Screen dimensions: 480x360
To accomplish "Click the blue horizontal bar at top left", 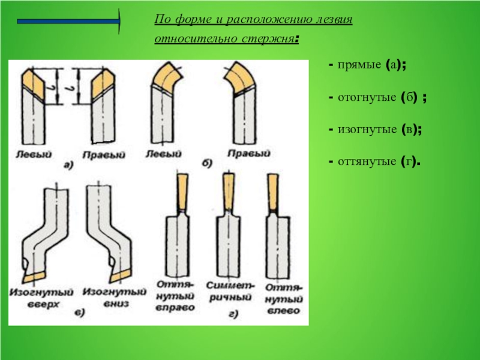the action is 68,21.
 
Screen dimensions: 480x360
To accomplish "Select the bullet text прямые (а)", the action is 371,65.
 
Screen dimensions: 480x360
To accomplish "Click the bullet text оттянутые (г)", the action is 378,161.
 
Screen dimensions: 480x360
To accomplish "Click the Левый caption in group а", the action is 34,154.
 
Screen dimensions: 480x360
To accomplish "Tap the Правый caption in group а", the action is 104,155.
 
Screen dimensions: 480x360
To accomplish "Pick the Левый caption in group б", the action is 163,154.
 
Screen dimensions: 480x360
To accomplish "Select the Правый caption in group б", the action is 249,153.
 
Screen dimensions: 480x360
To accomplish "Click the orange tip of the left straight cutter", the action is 33,84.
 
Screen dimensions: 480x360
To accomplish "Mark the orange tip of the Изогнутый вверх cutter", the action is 34,277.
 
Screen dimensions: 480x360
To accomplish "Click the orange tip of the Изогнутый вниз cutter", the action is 121,277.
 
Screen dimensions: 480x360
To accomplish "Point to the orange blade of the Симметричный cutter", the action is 229,191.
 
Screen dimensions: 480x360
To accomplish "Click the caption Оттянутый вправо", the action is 175,296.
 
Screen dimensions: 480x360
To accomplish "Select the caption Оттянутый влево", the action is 283,299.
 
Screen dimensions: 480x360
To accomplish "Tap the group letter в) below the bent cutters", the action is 80,313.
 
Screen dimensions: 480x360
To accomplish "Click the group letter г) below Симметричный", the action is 233,314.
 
